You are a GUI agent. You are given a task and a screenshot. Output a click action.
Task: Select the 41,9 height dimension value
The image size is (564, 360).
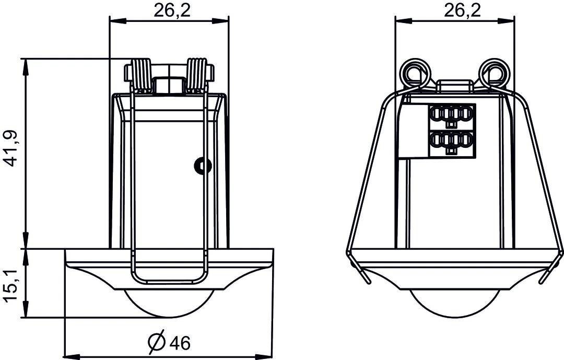pyautogui.click(x=11, y=149)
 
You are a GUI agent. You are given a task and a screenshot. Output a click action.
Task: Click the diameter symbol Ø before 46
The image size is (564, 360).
pyautogui.click(x=157, y=342)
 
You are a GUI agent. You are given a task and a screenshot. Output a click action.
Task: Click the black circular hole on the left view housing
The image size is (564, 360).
pyautogui.click(x=202, y=166)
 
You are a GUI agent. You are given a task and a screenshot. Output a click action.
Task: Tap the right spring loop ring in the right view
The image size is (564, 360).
pyautogui.click(x=494, y=71)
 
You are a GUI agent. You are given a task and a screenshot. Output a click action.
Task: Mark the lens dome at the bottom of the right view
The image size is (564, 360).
pyautogui.click(x=454, y=303)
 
